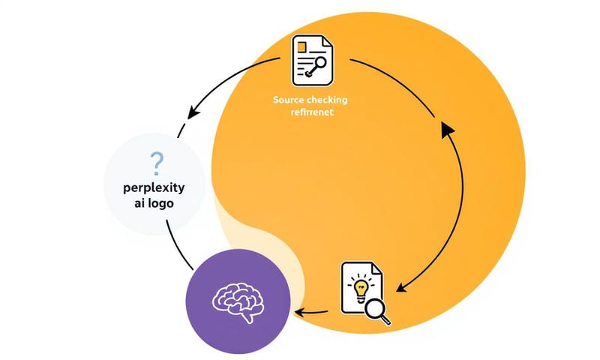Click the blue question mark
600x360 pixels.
[156, 161]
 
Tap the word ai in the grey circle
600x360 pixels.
[136, 204]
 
